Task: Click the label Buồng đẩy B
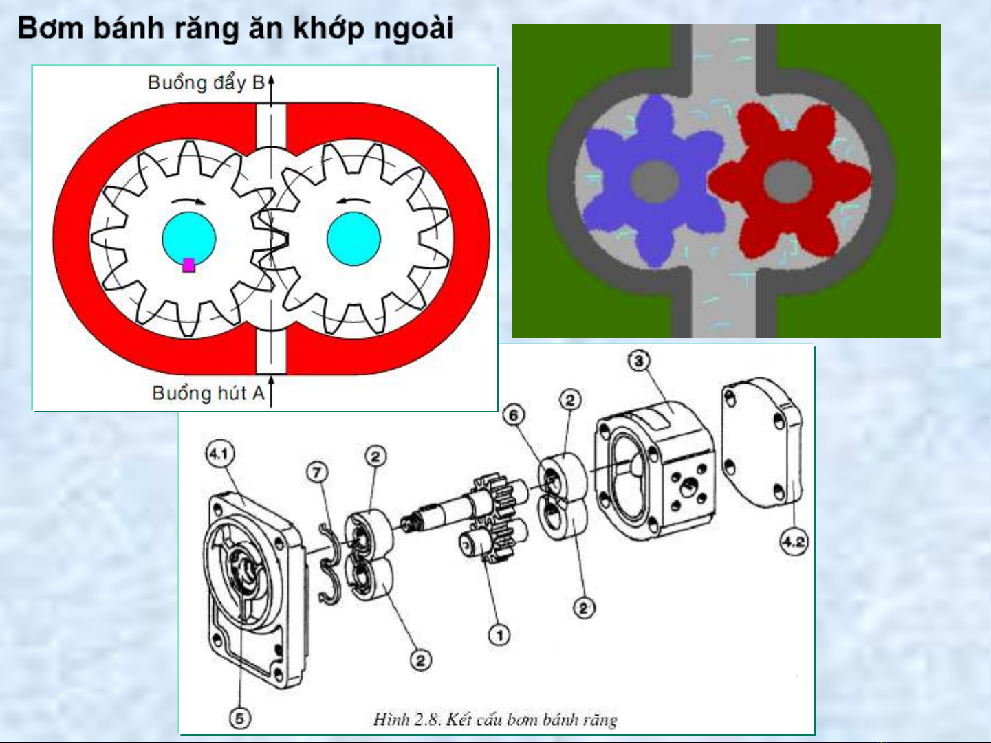206,83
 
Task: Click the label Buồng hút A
208,393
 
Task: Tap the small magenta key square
188,265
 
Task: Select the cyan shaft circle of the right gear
353,239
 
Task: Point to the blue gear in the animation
653,181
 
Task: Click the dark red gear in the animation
788,181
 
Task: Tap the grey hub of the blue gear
655,182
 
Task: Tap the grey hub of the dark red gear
787,181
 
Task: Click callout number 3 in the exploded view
639,361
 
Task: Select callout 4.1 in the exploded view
220,454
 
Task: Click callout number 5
240,718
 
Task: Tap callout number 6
514,415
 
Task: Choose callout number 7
318,473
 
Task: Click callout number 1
499,636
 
